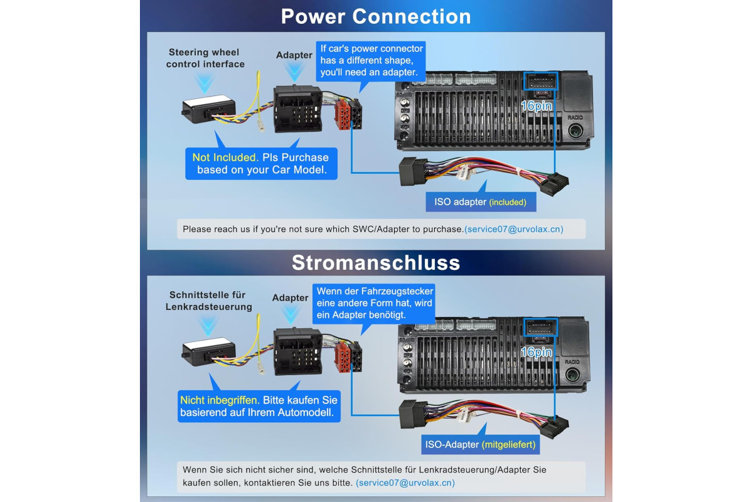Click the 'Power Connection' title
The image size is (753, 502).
tap(376, 16)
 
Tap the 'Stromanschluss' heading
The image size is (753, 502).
tap(376, 262)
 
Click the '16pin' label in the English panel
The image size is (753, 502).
tap(537, 106)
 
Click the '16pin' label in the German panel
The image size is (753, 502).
tap(537, 352)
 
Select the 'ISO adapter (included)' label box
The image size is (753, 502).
tap(481, 202)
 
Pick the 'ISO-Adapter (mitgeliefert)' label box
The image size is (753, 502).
tap(481, 444)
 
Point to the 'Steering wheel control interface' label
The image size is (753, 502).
tap(205, 58)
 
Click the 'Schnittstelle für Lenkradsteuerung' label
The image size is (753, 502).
tap(208, 301)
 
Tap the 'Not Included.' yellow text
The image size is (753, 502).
tap(225, 158)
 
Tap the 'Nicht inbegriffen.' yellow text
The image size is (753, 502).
tap(220, 400)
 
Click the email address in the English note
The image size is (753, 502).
tap(514, 229)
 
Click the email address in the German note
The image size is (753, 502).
tap(405, 483)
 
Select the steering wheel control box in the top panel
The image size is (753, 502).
tap(208, 109)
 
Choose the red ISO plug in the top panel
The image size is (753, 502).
tap(343, 114)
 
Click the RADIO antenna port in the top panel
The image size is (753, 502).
tap(576, 131)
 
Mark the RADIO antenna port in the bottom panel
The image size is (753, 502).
tap(573, 375)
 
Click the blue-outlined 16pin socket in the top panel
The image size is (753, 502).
tap(540, 81)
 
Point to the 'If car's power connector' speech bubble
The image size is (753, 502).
tap(371, 61)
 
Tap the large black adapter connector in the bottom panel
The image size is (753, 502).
tap(298, 351)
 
